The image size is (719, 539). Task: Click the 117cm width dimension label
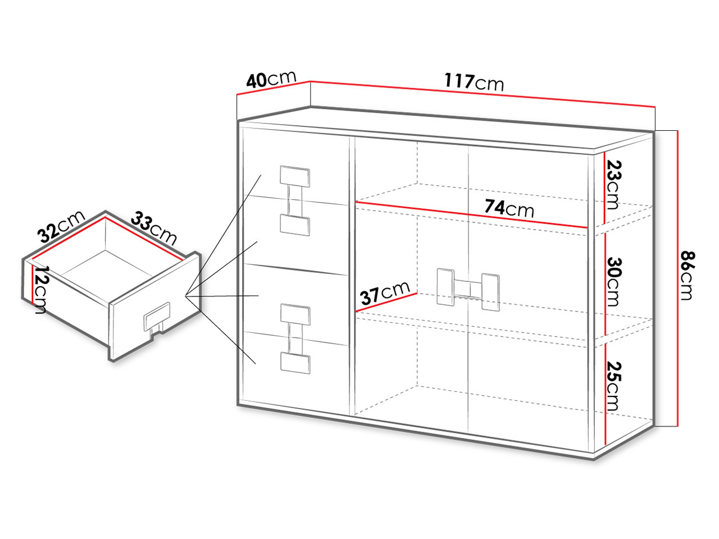coord(474,82)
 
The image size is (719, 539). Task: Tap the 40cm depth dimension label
coord(271,80)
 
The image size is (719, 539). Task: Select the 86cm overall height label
coord(687,275)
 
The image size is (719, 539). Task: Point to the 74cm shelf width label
coord(509,208)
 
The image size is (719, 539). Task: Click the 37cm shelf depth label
coord(385,293)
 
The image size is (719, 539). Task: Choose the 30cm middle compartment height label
coord(613,282)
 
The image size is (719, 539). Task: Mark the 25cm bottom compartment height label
coord(613,386)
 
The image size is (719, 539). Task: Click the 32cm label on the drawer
coord(61,226)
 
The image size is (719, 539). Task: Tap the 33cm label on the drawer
coord(154,228)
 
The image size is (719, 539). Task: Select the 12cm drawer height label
coord(41,290)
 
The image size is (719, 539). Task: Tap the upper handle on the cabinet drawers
coord(295,200)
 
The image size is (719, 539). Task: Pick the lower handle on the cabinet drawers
coord(295,339)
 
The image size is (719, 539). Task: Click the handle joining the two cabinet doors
coord(468,290)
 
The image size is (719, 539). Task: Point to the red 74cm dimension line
coord(472,215)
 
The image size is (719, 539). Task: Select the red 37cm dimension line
coord(386,302)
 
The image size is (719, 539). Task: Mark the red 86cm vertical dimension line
coord(677,278)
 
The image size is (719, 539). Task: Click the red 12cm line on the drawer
coord(33,284)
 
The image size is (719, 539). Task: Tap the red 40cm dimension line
coord(274,88)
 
